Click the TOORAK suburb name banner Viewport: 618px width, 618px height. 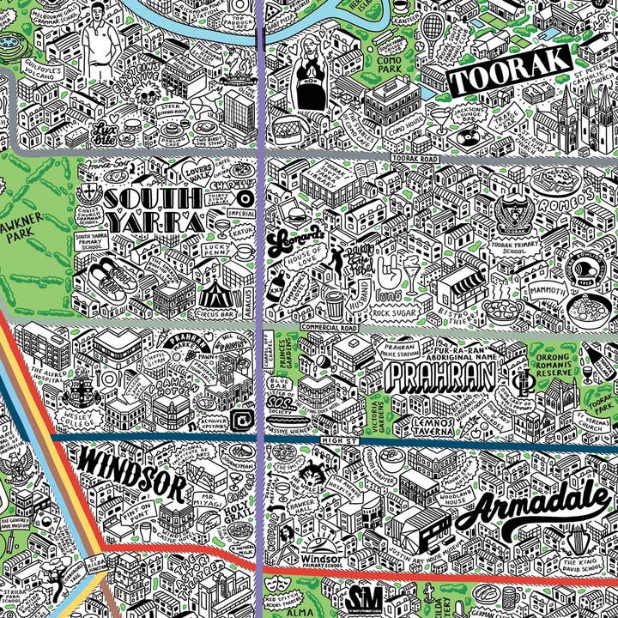click(x=509, y=71)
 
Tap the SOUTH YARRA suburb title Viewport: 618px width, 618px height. click(x=153, y=210)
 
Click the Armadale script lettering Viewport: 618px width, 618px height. click(x=537, y=506)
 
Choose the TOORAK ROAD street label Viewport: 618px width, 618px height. click(x=415, y=160)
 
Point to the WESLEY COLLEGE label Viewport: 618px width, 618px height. click(x=82, y=412)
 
